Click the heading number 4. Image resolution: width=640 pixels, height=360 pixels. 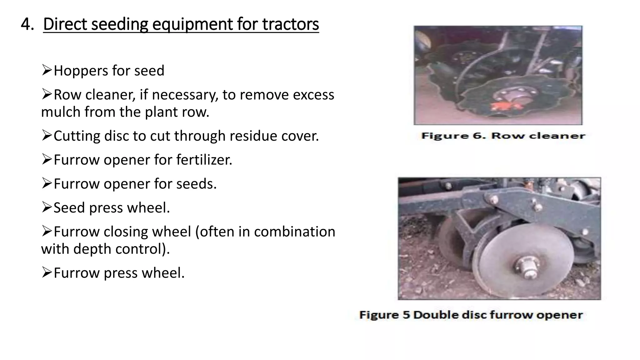pos(27,24)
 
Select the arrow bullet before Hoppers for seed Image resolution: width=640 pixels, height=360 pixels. pos(47,70)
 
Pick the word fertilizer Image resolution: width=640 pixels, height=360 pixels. pos(204,160)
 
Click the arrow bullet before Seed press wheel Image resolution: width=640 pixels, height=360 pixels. pos(47,207)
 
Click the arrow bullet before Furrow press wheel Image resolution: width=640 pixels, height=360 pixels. pos(47,272)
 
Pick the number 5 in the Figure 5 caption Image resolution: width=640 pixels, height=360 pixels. pos(406,315)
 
